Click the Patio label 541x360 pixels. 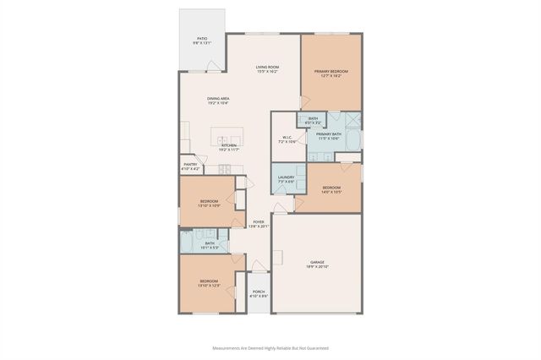tap(203, 40)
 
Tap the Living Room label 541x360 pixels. tap(268, 68)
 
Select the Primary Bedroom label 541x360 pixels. tap(331, 74)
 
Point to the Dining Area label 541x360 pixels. tap(218, 101)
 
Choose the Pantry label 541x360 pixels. tap(190, 166)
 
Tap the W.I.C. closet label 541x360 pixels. tap(287, 139)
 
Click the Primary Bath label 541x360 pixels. tap(328, 136)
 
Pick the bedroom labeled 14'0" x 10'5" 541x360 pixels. tap(331, 189)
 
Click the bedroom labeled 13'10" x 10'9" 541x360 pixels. tap(209, 204)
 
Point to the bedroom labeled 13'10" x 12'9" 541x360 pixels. tap(209, 283)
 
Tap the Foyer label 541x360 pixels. tap(258, 224)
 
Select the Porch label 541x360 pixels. tap(259, 293)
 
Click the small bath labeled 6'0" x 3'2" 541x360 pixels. tap(313, 121)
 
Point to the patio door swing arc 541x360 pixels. tap(217, 64)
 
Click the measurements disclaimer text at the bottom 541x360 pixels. tap(270, 347)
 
